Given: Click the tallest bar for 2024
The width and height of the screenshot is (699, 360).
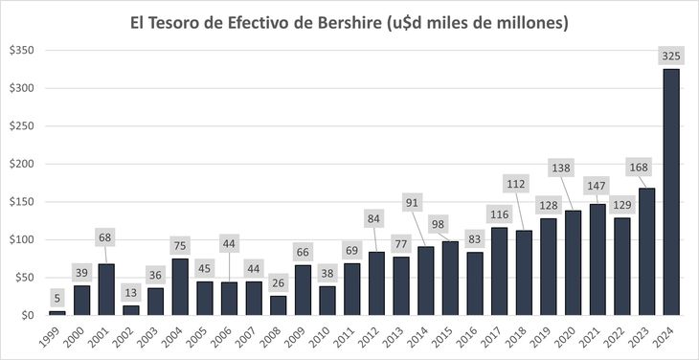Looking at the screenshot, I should click(x=670, y=191).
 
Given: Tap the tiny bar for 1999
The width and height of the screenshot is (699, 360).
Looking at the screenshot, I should click(x=56, y=312).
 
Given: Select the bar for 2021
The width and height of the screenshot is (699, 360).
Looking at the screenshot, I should click(x=597, y=259).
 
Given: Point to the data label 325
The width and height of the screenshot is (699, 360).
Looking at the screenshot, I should click(x=670, y=56).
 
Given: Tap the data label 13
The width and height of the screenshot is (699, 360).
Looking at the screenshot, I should click(x=130, y=293).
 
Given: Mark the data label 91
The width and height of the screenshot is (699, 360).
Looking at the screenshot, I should click(x=413, y=202).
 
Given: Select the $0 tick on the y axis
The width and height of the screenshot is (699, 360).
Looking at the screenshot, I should click(x=26, y=315).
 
